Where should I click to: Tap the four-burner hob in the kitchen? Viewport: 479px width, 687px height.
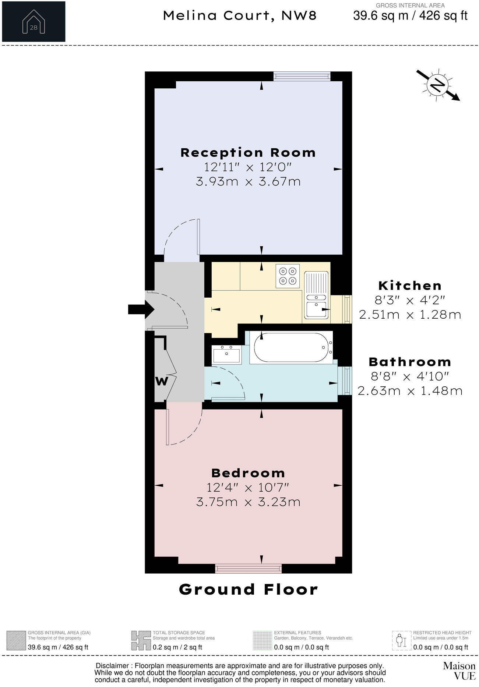click(x=288, y=276)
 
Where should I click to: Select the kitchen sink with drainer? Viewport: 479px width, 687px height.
click(x=316, y=295)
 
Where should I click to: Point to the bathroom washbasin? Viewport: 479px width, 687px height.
click(x=226, y=355)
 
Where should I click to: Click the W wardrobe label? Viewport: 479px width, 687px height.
click(x=161, y=381)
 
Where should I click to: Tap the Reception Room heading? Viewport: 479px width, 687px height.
click(x=248, y=152)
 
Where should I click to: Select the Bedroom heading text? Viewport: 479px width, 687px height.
click(x=248, y=473)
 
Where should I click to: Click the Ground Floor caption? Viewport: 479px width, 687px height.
click(x=248, y=589)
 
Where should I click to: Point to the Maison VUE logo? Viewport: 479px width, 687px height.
click(x=459, y=670)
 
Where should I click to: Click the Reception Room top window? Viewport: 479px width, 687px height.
click(x=302, y=76)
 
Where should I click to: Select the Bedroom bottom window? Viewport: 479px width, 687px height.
click(x=248, y=569)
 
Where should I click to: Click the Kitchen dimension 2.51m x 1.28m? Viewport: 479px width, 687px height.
click(x=410, y=315)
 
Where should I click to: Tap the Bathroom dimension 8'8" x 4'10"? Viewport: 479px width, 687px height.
click(x=410, y=376)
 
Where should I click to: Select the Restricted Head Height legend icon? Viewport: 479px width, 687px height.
click(x=401, y=641)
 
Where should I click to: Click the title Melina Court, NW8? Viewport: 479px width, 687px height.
click(x=240, y=15)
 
